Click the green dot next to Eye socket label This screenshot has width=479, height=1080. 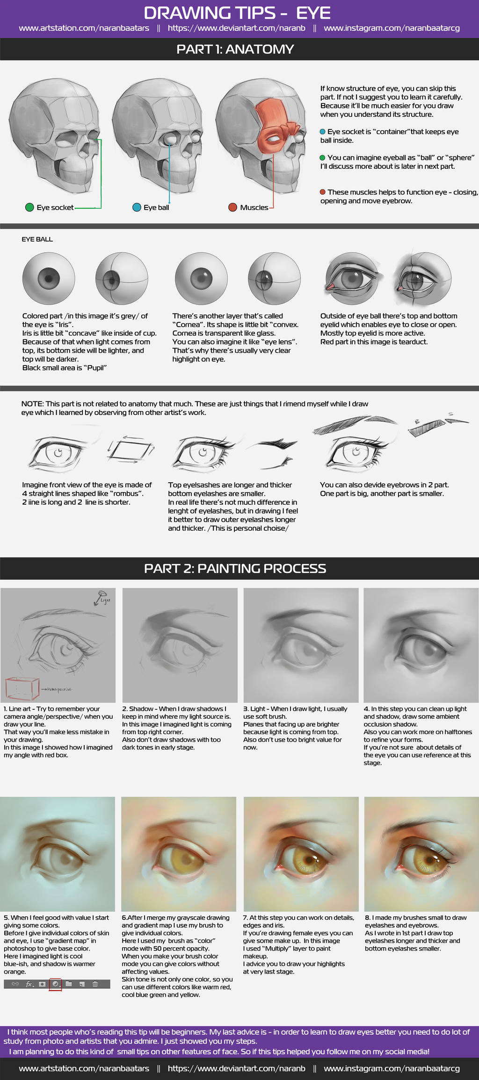pos(29,207)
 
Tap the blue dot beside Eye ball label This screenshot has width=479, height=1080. pos(137,207)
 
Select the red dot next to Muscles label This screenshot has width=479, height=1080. pos(232,207)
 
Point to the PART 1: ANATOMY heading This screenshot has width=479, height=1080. pos(235,49)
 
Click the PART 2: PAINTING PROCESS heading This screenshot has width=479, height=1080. pos(235,568)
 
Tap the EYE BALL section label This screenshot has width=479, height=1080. pos(37,239)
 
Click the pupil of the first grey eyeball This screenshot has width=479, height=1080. pos(49,279)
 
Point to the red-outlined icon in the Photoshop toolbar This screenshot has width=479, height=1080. pos(55,984)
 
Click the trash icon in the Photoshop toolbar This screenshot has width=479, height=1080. pos(95,984)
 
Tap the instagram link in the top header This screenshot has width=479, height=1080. pos(392,28)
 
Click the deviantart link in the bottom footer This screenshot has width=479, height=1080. pos(236,1068)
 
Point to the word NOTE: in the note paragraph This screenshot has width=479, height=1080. pos(32,404)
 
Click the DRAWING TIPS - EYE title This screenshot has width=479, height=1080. pos(237,13)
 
